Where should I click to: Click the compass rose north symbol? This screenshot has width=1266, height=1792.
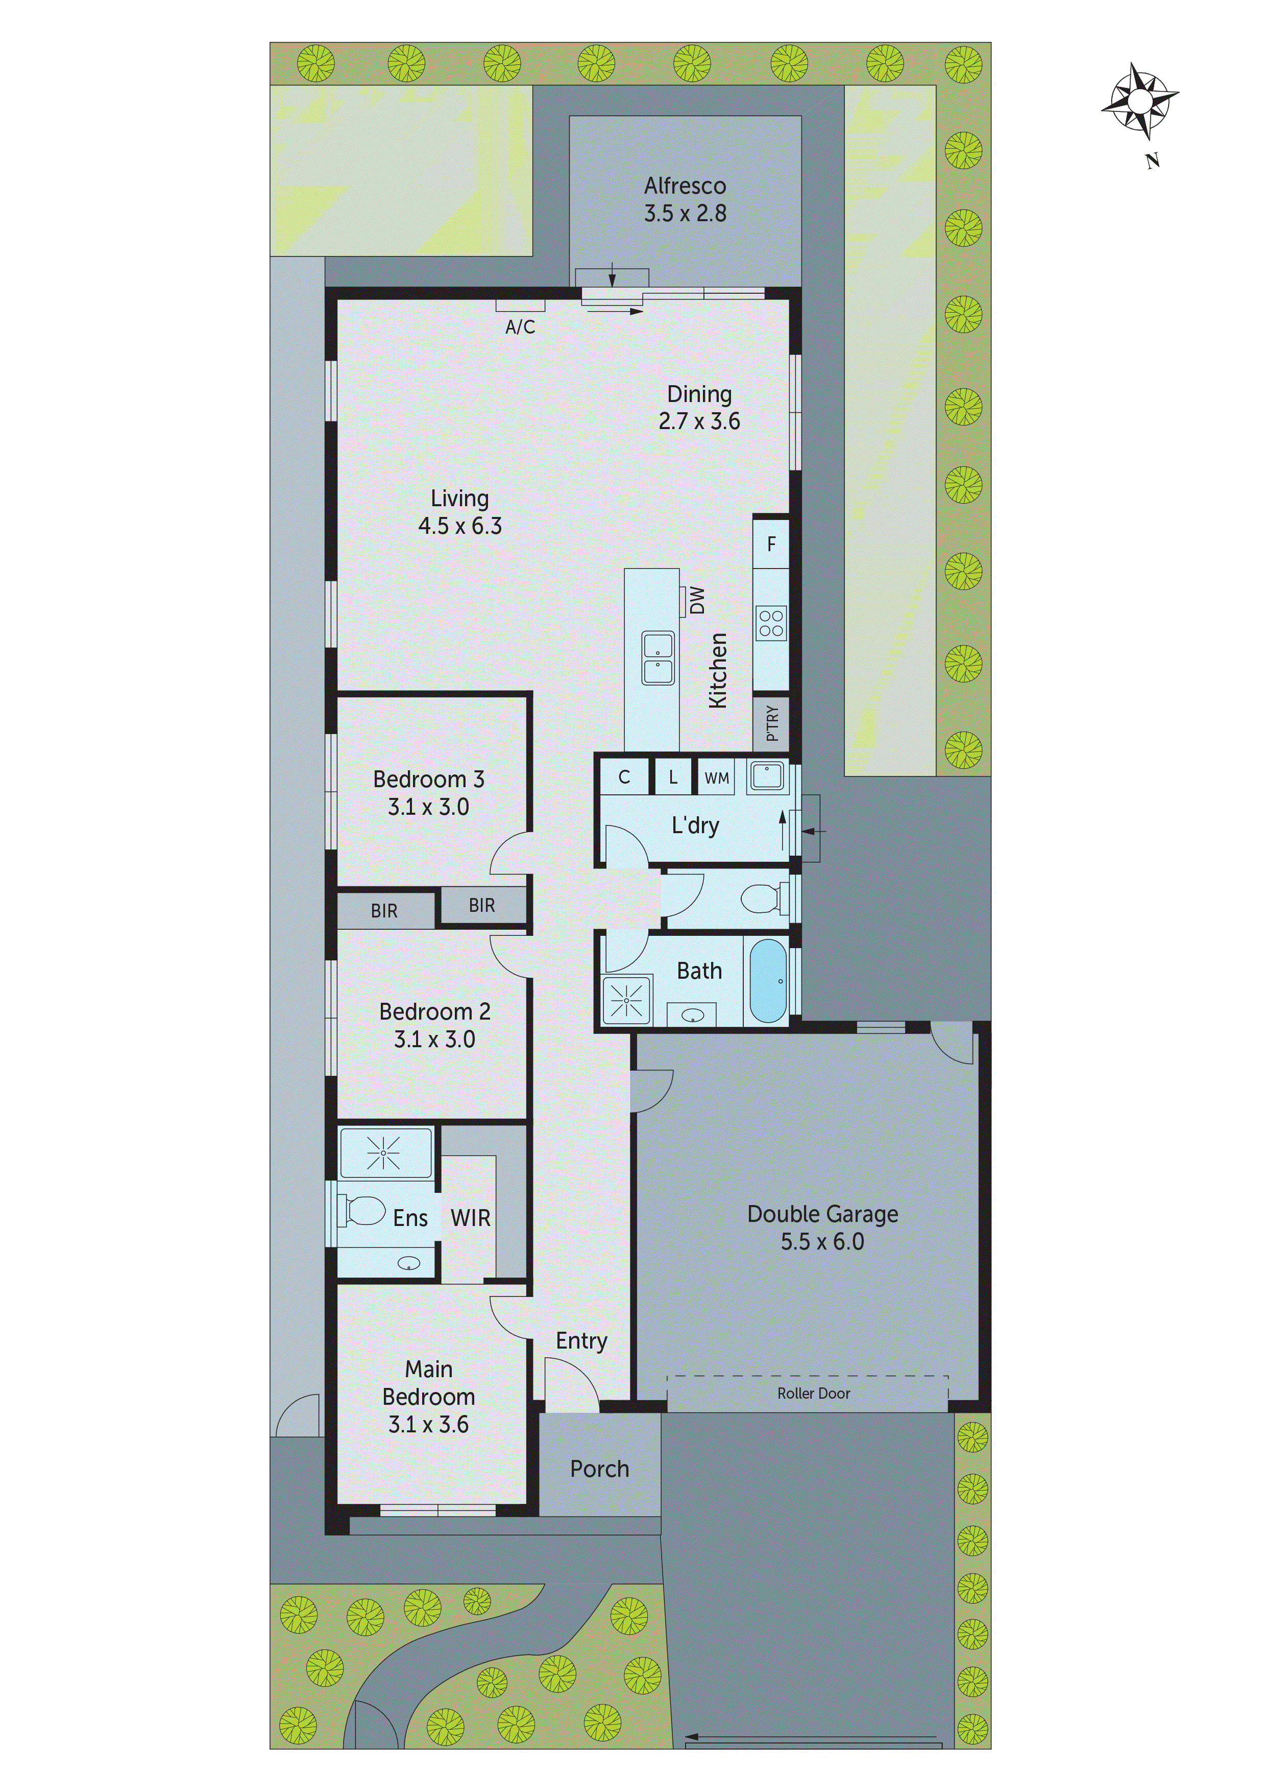point(1139,102)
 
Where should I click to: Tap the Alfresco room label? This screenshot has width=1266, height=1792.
point(685,186)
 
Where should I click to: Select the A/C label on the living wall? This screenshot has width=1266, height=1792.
point(520,327)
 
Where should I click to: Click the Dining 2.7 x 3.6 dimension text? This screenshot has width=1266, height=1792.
point(699,421)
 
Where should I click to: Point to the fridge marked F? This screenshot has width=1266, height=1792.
point(771,544)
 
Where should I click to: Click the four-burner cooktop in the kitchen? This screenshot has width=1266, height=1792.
point(771,624)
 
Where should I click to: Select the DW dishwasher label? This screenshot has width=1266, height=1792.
point(697,600)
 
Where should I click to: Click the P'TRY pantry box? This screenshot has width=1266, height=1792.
point(771,723)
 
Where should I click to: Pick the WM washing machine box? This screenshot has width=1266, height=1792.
point(716,778)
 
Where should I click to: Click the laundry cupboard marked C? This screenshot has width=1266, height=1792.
point(624,777)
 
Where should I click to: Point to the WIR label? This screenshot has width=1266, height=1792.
point(470,1218)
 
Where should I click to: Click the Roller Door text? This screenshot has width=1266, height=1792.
point(814,1393)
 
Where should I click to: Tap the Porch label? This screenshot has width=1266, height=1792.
point(599,1469)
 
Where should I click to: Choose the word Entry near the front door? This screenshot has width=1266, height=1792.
point(581,1341)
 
